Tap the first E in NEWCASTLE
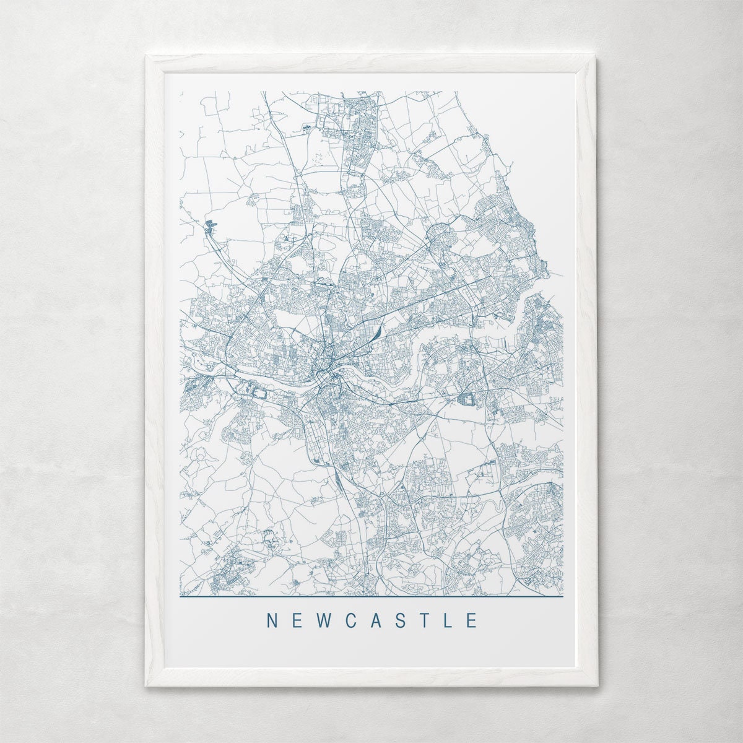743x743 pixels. pos(297,620)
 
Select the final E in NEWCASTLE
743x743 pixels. pos(472,620)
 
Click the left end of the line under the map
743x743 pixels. pos(181,597)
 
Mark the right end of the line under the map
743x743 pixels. pos(563,597)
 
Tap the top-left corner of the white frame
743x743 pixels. pos(147,56)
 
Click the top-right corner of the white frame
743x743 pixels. pos(596,56)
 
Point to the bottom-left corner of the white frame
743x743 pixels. pos(147,685)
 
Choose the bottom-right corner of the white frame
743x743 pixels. pos(596,685)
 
